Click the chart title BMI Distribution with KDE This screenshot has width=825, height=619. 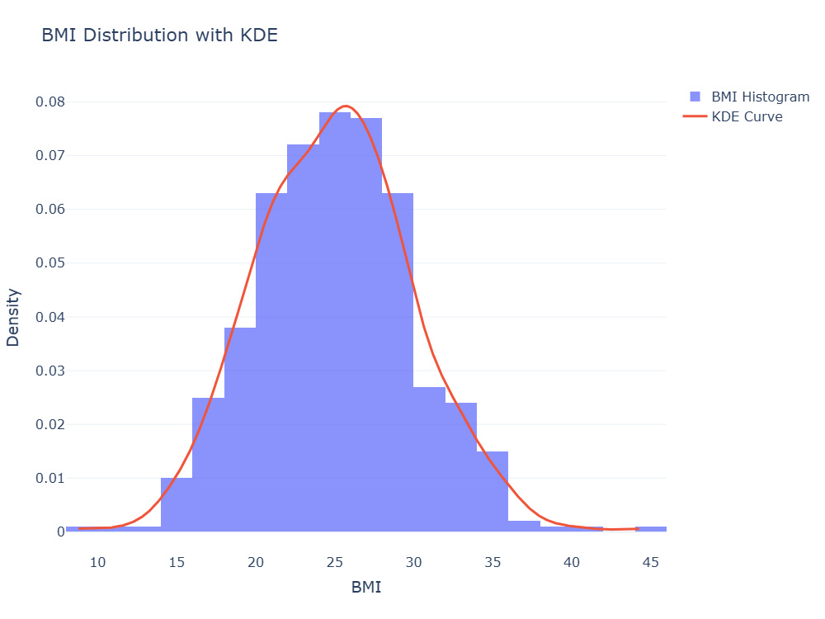point(159,35)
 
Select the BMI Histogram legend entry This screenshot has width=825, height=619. point(749,97)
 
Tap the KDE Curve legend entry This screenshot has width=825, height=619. point(733,116)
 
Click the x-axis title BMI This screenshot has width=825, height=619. point(365,587)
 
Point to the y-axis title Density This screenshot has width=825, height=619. point(12,318)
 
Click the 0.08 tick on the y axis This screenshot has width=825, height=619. point(50,102)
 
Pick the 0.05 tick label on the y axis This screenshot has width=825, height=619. point(50,262)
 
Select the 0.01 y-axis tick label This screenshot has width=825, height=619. point(50,478)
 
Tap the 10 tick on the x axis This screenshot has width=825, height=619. point(98,563)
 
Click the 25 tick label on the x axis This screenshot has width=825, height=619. point(335,563)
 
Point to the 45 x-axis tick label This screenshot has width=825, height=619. point(651,563)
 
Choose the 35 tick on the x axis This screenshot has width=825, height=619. point(493,563)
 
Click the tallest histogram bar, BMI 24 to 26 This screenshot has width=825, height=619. point(335,322)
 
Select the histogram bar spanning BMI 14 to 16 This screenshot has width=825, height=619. point(177,505)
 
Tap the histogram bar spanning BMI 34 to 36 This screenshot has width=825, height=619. point(493,492)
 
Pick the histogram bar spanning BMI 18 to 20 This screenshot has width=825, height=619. point(240,429)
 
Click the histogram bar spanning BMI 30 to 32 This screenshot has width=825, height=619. point(429,460)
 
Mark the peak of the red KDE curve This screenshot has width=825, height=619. point(346,106)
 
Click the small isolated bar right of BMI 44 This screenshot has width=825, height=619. point(651,529)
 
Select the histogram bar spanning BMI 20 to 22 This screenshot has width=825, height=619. point(271,362)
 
